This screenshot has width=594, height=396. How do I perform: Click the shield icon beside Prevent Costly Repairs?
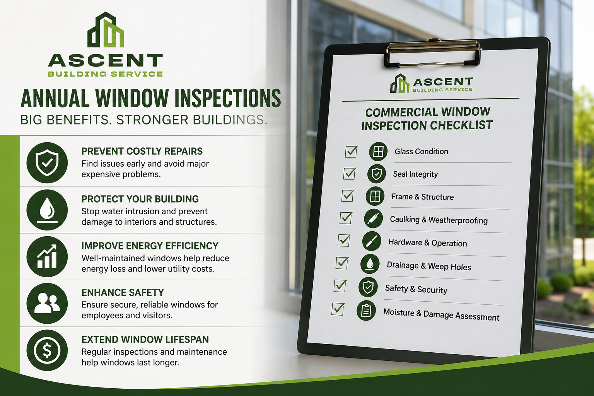(x=47, y=162)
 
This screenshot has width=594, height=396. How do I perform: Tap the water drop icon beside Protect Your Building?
(x=47, y=210)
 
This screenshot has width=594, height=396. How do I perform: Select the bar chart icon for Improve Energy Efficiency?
(x=47, y=256)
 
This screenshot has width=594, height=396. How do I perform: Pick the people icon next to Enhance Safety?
(x=47, y=303)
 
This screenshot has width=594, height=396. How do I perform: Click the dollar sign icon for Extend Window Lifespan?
(x=47, y=350)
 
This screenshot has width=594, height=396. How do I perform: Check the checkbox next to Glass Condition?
(x=351, y=152)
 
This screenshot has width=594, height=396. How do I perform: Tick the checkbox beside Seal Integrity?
(x=350, y=174)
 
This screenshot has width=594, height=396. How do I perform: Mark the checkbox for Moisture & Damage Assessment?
(x=338, y=309)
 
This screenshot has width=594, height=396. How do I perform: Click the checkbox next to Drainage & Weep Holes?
(x=342, y=263)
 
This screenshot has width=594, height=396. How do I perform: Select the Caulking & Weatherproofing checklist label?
(x=439, y=220)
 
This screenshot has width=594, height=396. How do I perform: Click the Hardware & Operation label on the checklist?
(x=427, y=243)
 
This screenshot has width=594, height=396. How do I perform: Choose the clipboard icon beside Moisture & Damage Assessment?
(x=366, y=310)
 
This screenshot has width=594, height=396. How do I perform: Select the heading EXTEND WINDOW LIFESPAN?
(x=145, y=340)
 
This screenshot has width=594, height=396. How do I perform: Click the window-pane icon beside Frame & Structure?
(x=375, y=196)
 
